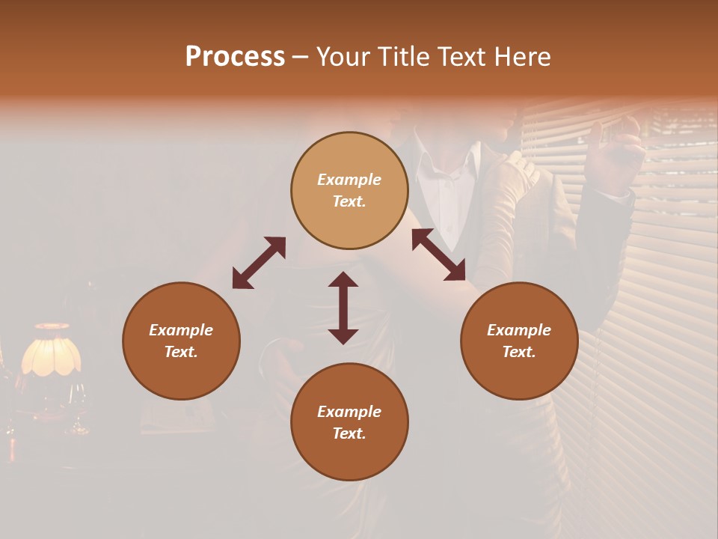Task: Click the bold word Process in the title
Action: pos(235,57)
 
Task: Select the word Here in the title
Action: pos(521,57)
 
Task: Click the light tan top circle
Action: pos(349,190)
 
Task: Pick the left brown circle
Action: pos(181,341)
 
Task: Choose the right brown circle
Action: pos(519,341)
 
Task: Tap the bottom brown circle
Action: pos(349,421)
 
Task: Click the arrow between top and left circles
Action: pos(259,263)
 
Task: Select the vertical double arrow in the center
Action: pos(343,308)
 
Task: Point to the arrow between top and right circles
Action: pos(438,255)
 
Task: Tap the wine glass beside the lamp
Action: pos(77,408)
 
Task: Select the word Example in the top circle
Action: pos(349,180)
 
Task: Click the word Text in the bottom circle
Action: pos(349,433)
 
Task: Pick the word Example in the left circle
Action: pos(181,330)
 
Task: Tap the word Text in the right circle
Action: pos(519,352)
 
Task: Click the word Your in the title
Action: pos(341,57)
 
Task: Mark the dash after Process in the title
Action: pos(301,57)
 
